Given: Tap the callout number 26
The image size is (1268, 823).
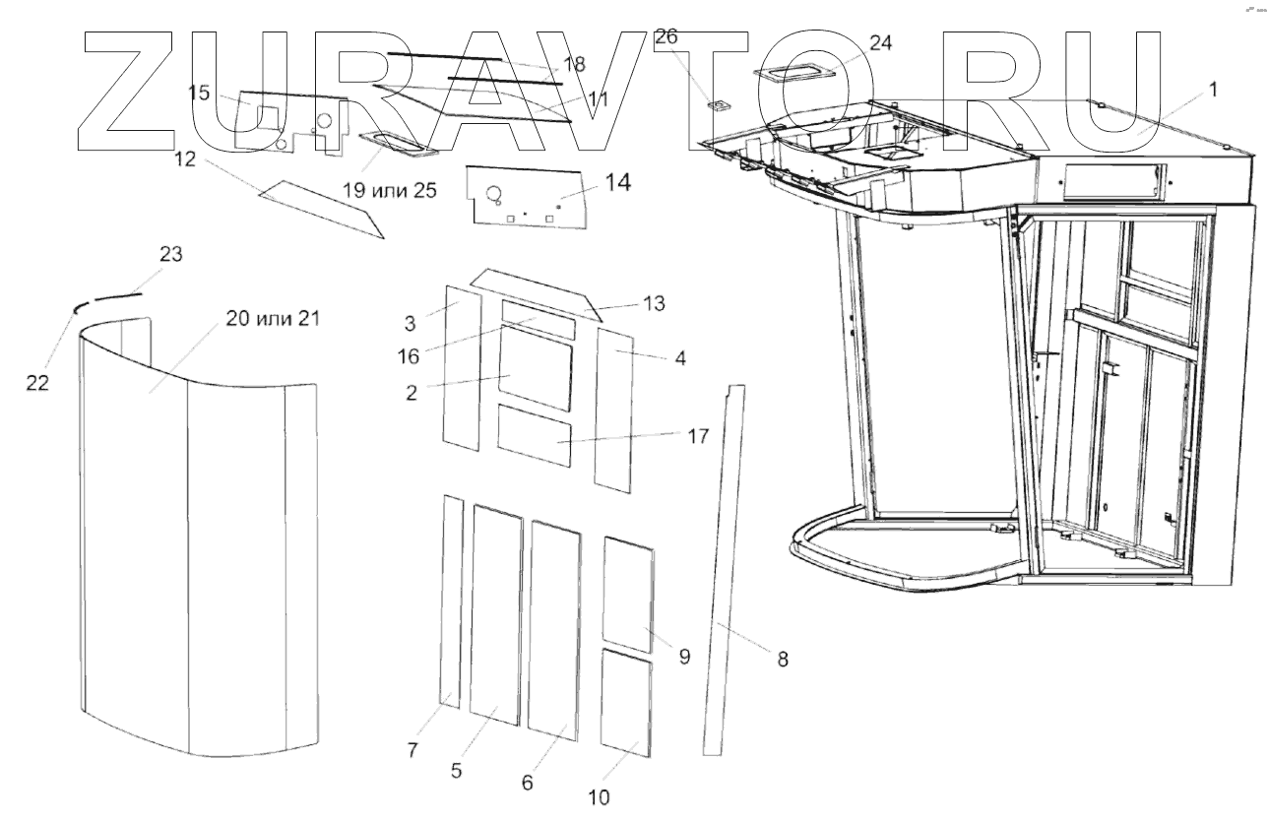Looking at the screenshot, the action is click(x=666, y=37).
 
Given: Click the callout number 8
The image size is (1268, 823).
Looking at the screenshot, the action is click(x=783, y=660).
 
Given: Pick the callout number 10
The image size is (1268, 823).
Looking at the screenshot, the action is click(x=599, y=796).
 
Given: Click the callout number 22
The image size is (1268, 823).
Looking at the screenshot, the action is click(x=37, y=383).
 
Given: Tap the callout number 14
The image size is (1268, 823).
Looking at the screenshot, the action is click(x=618, y=183).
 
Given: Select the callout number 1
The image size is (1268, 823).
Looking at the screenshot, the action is click(x=1213, y=90).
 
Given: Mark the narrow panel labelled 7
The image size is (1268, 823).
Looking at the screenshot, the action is click(x=452, y=601).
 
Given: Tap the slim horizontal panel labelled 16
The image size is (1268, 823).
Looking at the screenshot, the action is click(x=538, y=319).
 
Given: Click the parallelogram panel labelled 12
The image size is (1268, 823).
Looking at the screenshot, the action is click(x=320, y=207).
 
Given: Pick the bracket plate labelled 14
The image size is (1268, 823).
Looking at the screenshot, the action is click(x=532, y=202).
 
